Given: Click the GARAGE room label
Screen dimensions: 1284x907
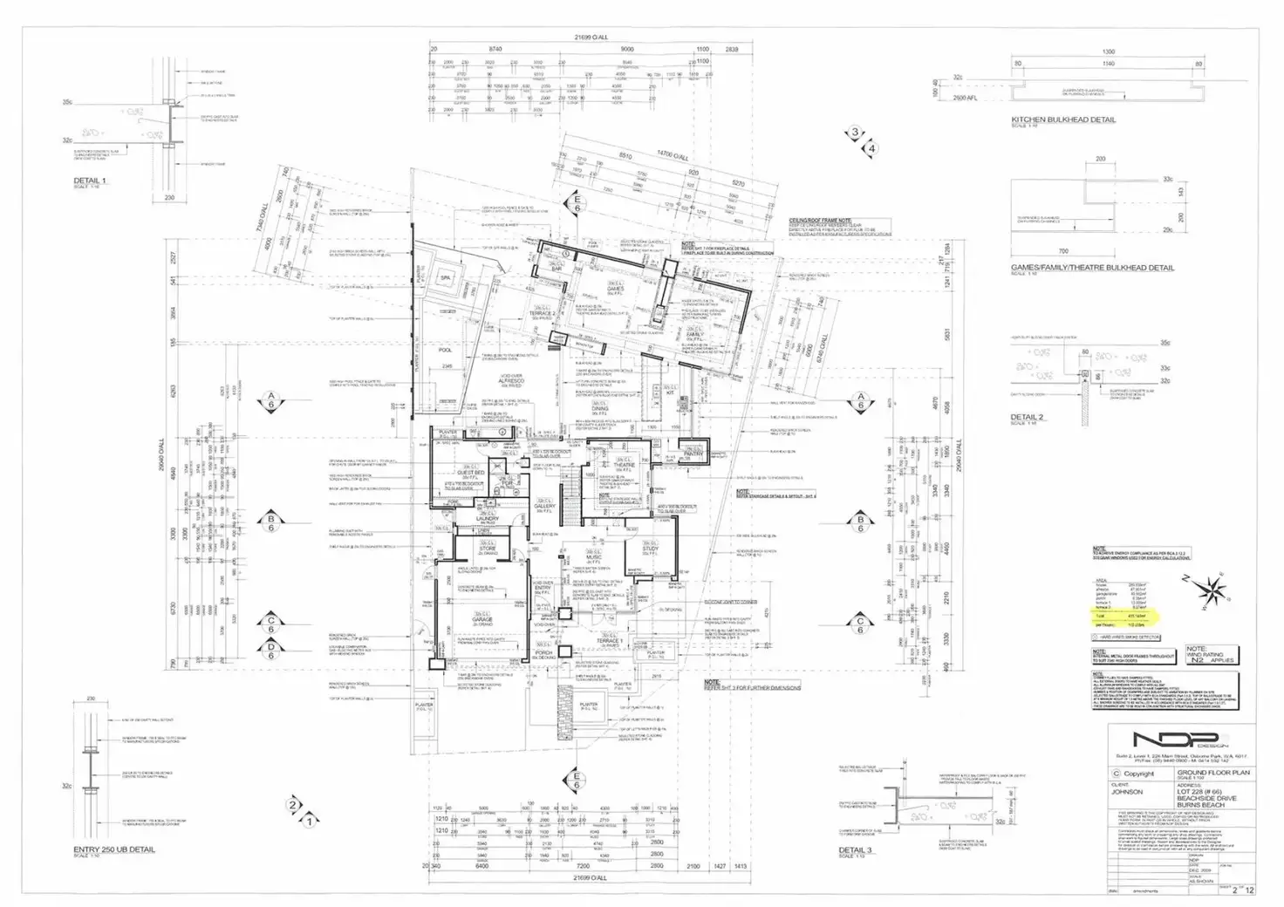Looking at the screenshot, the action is [482, 619].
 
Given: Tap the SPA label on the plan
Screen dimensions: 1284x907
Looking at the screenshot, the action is [446, 277].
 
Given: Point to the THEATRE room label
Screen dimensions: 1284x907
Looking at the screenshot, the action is [625, 465].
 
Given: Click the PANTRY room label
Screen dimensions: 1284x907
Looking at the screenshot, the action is [693, 454].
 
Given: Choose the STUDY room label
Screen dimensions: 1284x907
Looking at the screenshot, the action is [650, 549].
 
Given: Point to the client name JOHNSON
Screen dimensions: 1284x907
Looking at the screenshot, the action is [1128, 793].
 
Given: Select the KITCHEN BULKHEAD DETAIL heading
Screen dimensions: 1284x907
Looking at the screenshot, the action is [1062, 119].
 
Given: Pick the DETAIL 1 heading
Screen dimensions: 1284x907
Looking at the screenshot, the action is [89, 181].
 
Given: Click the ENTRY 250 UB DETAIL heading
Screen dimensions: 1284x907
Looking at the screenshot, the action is [113, 849].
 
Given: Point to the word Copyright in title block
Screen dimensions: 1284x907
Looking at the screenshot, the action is [1138, 774].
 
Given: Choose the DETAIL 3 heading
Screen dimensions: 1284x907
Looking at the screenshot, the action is [855, 849].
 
